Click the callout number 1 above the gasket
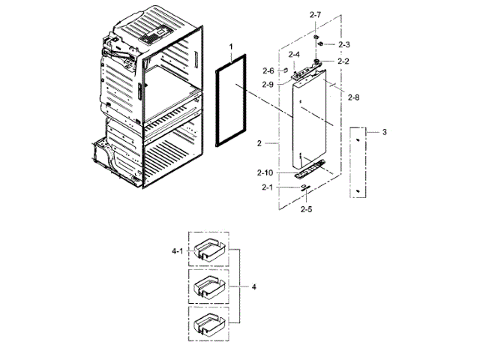pos(231,47)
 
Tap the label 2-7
pos(314,15)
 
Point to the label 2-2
pos(343,60)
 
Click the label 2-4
pos(295,55)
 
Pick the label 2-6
pos(268,70)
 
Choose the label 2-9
pos(268,84)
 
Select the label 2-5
pos(306,209)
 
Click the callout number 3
pos(385,132)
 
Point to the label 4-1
pos(177,251)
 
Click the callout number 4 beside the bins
pos(254,286)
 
